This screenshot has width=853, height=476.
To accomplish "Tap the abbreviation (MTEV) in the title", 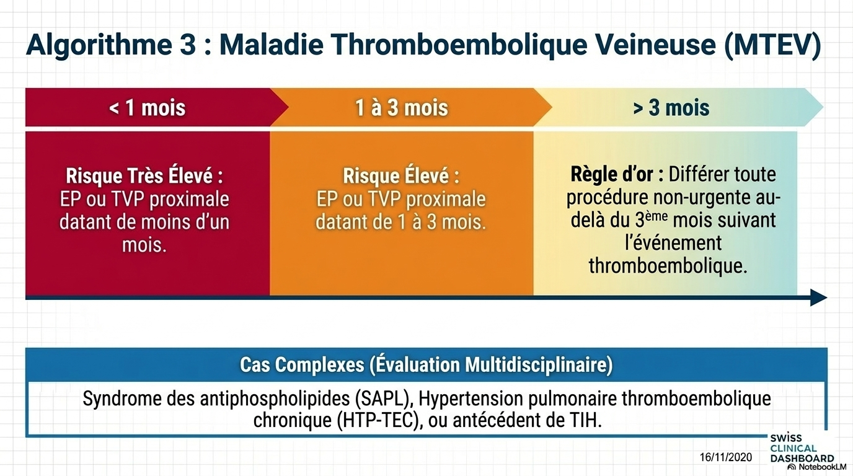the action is pyautogui.click(x=772, y=45).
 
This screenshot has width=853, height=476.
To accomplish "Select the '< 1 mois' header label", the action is pyautogui.click(x=148, y=107).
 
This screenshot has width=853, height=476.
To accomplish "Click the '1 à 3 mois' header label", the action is pyautogui.click(x=402, y=107).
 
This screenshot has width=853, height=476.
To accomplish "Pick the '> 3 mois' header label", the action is pyautogui.click(x=671, y=107).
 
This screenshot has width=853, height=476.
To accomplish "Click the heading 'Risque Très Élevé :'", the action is pyautogui.click(x=144, y=175).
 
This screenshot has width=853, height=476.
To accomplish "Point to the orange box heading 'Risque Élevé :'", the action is pyautogui.click(x=401, y=175).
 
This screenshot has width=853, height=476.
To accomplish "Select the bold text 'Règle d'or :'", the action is pyautogui.click(x=617, y=174).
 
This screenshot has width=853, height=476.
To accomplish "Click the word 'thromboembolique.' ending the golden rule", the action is pyautogui.click(x=668, y=266).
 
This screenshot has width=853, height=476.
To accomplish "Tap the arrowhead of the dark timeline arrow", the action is pyautogui.click(x=819, y=297).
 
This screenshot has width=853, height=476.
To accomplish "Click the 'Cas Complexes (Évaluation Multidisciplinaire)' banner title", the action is pyautogui.click(x=427, y=365).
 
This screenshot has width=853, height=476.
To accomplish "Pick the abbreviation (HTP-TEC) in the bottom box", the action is pyautogui.click(x=380, y=420).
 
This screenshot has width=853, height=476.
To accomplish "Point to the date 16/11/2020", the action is pyautogui.click(x=726, y=457).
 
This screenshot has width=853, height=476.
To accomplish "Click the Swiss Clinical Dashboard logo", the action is pyautogui.click(x=802, y=448).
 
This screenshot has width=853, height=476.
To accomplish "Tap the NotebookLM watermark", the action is pyautogui.click(x=817, y=467).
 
